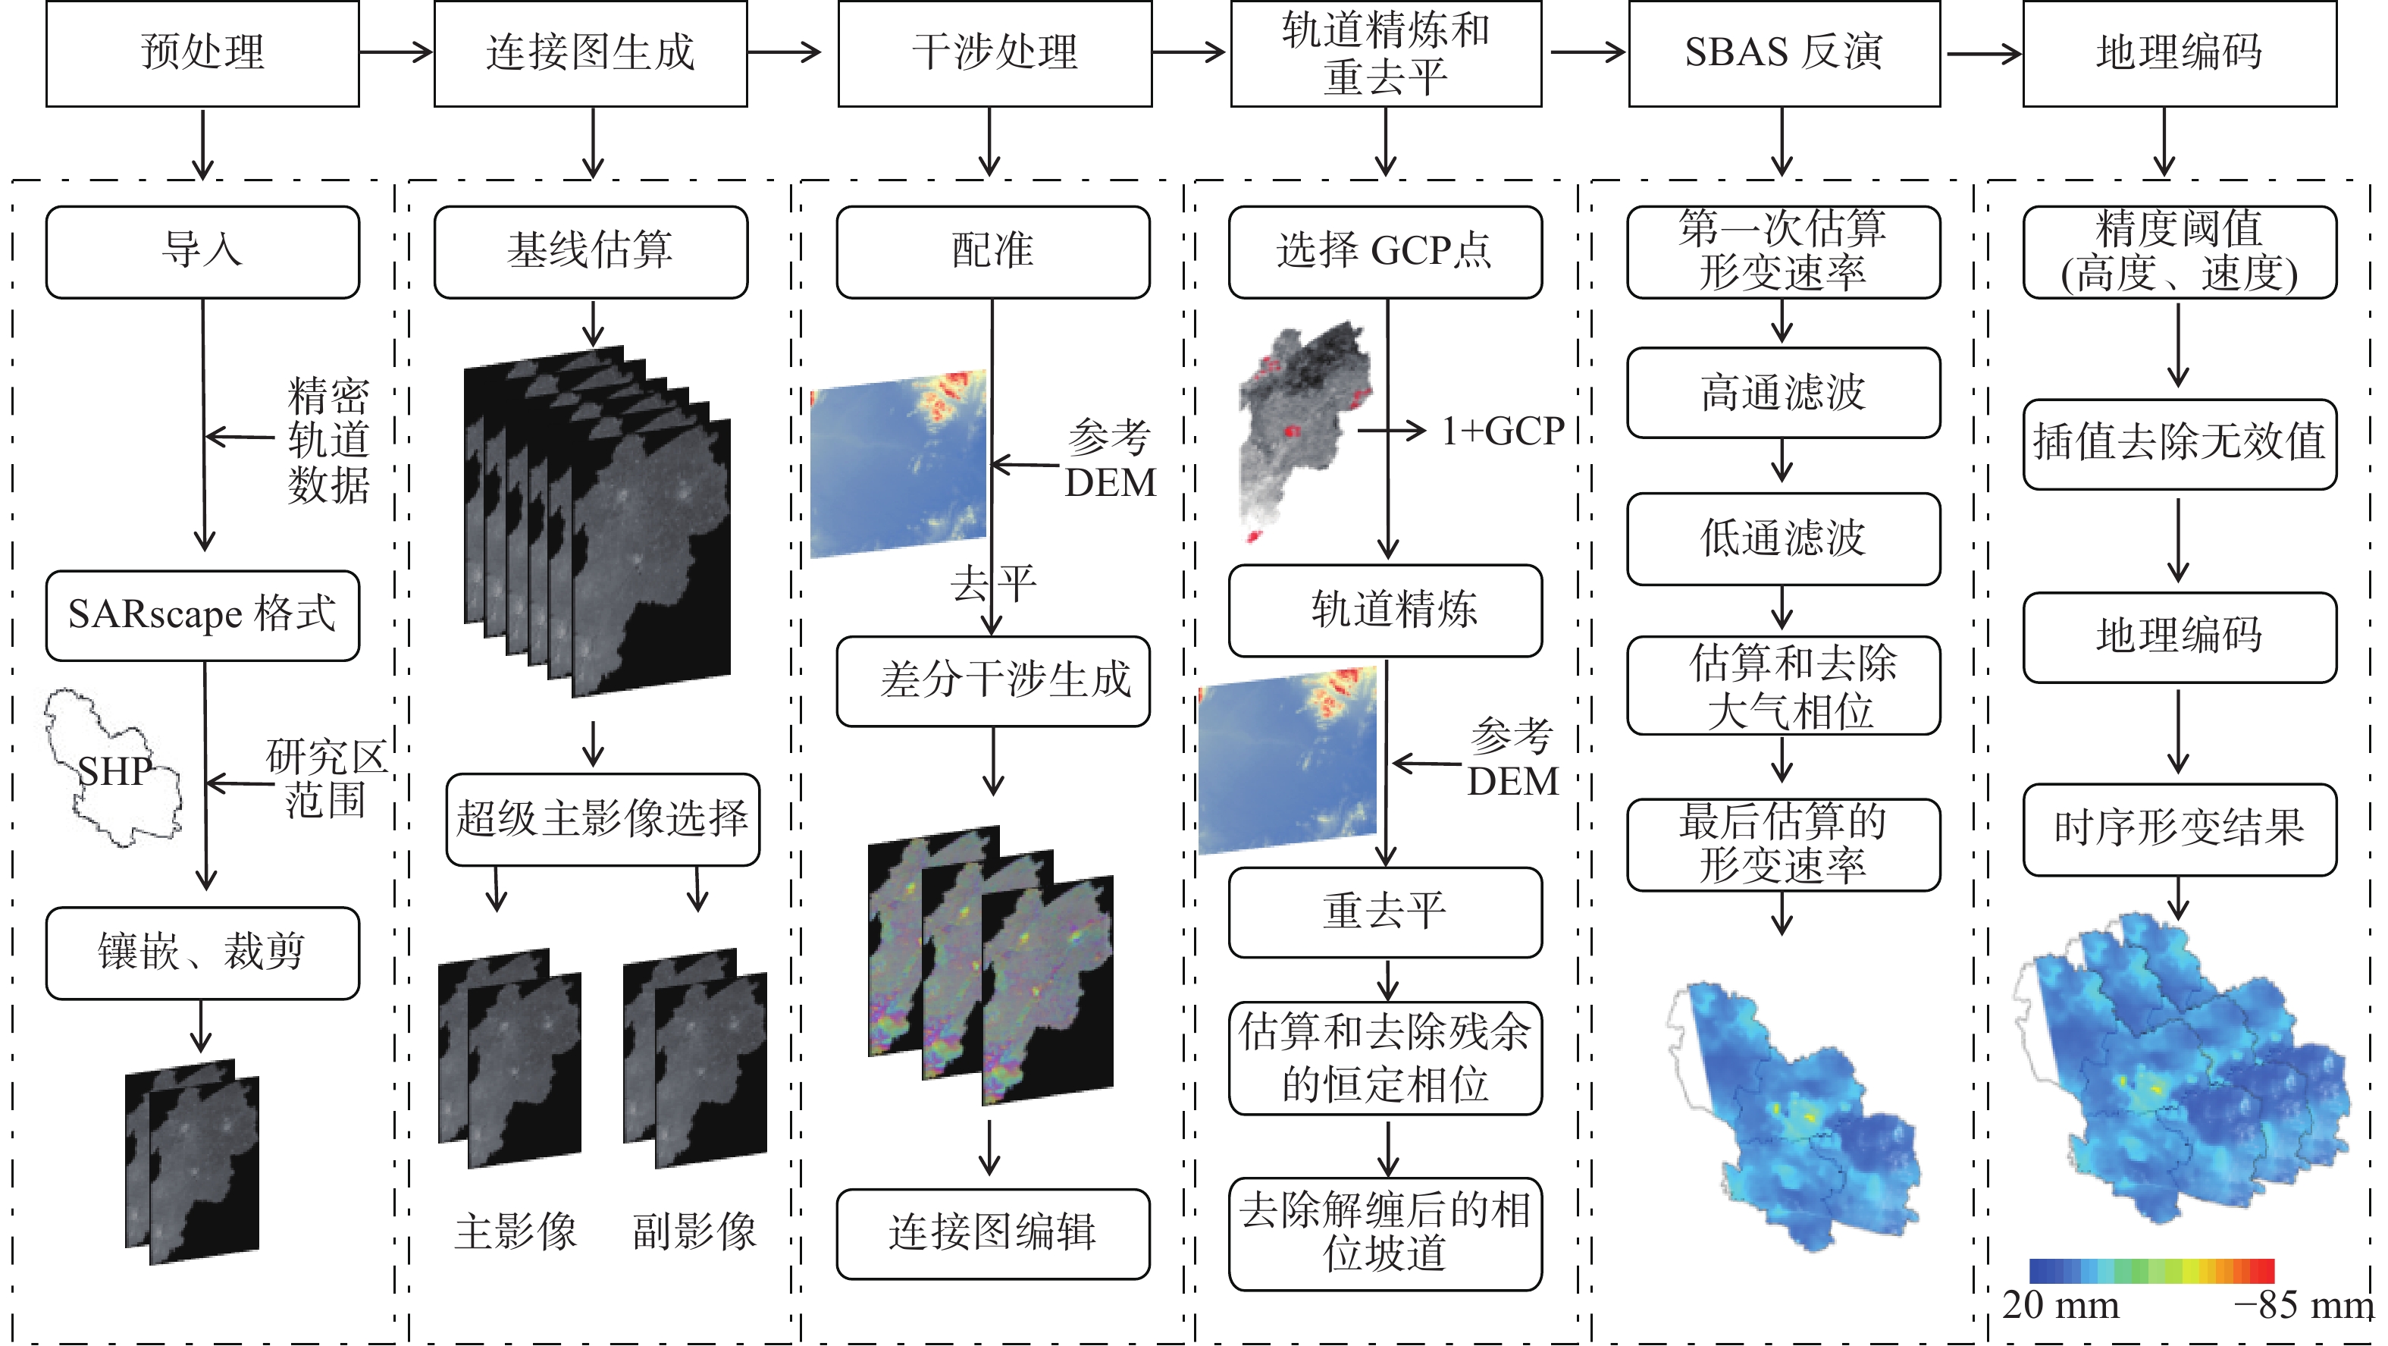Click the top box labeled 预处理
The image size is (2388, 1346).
[x=202, y=53]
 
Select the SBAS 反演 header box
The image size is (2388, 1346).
[x=1784, y=53]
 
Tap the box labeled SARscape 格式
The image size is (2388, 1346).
[x=202, y=614]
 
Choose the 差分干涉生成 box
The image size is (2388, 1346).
[x=993, y=680]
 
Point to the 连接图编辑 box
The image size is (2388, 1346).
[x=993, y=1233]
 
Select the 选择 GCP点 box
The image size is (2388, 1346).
[x=1385, y=251]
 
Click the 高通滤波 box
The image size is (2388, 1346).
[x=1784, y=392]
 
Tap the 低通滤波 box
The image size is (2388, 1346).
[x=1784, y=538]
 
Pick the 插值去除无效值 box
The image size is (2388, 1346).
[x=2179, y=443]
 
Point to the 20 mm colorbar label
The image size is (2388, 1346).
[x=2060, y=1305]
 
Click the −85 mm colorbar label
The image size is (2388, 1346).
[x=2303, y=1305]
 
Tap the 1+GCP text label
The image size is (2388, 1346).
[x=1502, y=431]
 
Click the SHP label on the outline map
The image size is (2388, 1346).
[x=115, y=771]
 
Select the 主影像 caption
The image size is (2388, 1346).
[x=516, y=1231]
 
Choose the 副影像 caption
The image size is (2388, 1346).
[x=694, y=1231]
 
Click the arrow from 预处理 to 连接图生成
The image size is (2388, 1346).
[x=396, y=52]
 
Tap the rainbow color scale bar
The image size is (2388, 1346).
[x=2151, y=1270]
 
